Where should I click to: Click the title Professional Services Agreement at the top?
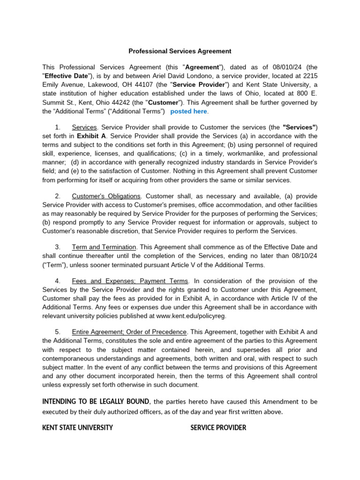click(180, 51)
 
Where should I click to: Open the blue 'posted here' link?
click(188, 112)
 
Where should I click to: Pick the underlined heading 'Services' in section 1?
click(84, 127)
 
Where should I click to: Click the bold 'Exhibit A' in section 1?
click(90, 136)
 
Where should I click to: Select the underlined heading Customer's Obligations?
click(106, 196)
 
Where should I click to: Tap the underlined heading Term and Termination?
click(104, 247)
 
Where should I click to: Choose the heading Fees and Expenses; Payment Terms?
click(130, 281)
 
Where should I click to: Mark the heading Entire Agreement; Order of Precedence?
click(129, 332)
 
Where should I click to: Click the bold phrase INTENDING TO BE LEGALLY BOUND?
click(96, 402)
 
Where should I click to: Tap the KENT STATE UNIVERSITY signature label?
click(77, 427)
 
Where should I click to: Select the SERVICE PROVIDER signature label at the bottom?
click(218, 427)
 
